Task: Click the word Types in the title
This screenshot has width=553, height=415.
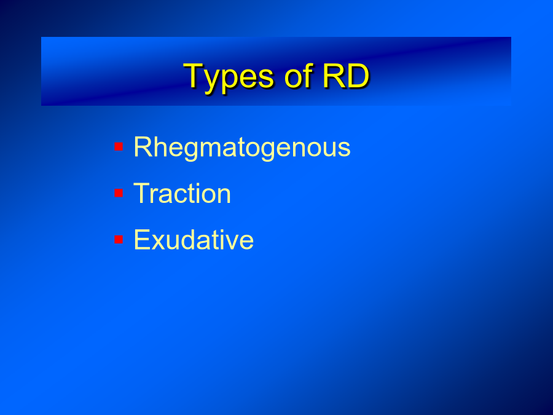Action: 229,78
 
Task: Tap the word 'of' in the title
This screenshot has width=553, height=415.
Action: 299,75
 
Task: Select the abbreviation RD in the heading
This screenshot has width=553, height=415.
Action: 346,76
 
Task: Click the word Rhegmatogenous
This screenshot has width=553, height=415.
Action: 242,148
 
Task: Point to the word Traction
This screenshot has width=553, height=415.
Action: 182,193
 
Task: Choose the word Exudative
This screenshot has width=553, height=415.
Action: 194,239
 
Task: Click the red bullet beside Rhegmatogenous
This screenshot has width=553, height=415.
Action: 119,146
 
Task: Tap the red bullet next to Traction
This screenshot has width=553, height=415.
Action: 119,193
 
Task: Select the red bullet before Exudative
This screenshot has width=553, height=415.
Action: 119,239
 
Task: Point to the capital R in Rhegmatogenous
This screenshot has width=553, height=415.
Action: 143,146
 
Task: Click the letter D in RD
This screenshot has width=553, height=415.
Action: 358,76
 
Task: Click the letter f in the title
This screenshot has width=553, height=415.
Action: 308,75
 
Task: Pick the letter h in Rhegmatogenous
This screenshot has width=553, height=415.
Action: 161,146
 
